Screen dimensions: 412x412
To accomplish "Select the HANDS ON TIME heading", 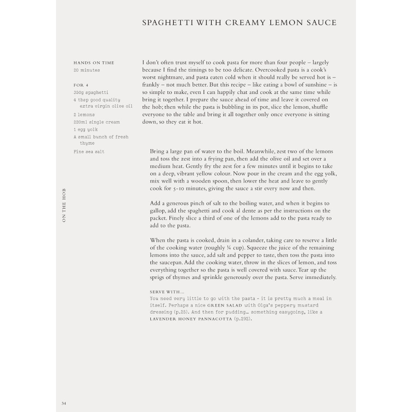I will (x=94, y=63).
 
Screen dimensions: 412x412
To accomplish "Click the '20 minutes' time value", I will (x=87, y=70).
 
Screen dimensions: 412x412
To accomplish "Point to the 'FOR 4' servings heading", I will (x=81, y=85).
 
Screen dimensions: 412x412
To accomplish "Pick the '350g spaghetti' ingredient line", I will (x=91, y=93).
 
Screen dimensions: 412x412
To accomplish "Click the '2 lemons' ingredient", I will (x=84, y=115).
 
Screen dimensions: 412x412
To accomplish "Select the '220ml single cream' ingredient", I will (x=97, y=122).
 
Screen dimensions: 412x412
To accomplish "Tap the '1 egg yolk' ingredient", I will (x=86, y=130).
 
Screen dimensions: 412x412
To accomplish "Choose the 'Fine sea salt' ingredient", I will (x=89, y=152).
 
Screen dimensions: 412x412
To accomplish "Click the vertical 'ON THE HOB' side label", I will (x=64, y=206).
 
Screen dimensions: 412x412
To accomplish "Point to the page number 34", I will (x=64, y=403).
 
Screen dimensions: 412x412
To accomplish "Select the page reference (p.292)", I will (x=243, y=319).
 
